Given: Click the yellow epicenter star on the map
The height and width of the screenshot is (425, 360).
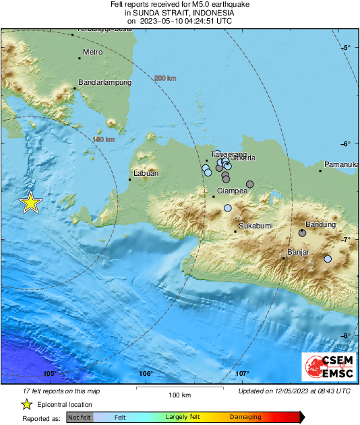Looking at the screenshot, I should pyautogui.click(x=30, y=202).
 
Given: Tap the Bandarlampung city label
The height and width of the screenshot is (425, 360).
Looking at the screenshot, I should pyautogui.click(x=104, y=83).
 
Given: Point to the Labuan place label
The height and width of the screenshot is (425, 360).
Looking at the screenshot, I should pyautogui.click(x=146, y=173).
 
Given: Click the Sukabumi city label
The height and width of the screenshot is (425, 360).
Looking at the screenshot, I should pyautogui.click(x=256, y=225).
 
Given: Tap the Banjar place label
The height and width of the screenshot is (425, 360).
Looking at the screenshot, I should pyautogui.click(x=298, y=252).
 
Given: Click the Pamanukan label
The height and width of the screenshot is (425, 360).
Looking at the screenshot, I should pyautogui.click(x=340, y=164).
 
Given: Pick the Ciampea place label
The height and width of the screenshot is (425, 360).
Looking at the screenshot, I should pyautogui.click(x=233, y=191).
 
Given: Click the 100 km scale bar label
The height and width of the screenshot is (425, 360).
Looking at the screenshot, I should pyautogui.click(x=179, y=395).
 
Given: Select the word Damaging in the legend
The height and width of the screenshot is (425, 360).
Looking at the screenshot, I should pyautogui.click(x=245, y=418).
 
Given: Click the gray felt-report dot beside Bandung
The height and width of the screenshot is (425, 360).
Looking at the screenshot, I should pyautogui.click(x=302, y=232).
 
